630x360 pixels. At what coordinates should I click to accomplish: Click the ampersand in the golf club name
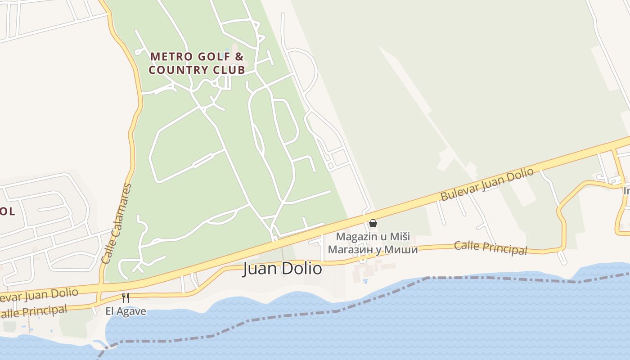click(x=239, y=57)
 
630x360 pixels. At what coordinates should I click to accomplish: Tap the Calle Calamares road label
click(x=117, y=224)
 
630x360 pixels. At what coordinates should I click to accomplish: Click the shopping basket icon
click(x=373, y=223)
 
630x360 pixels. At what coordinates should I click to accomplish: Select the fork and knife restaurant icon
click(x=126, y=298)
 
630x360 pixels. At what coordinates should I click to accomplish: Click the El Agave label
click(x=126, y=311)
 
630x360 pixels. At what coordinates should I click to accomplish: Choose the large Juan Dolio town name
click(x=283, y=269)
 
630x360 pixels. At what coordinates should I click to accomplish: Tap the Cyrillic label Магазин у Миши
click(x=373, y=249)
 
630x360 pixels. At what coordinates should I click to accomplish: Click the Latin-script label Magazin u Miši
click(x=373, y=237)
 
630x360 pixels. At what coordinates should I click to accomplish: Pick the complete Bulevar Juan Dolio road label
click(x=486, y=184)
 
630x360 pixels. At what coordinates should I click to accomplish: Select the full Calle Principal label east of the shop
click(x=490, y=247)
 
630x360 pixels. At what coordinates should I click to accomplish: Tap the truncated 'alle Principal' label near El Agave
click(x=34, y=311)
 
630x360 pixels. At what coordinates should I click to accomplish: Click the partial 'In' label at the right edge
click(x=626, y=191)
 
